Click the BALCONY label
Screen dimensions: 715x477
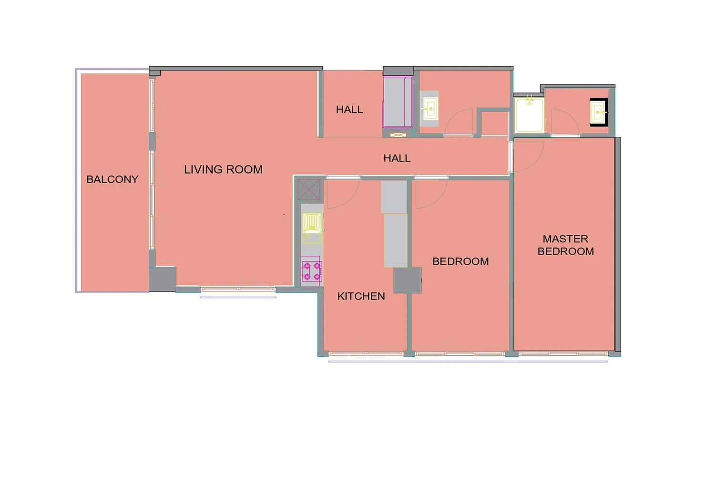coord(112,179)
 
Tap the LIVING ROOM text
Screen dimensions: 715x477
coord(223,169)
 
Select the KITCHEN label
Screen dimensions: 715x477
coord(361,296)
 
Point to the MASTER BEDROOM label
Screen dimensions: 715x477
coord(566,245)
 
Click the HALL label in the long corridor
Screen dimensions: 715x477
coord(397,158)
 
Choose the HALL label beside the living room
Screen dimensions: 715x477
coord(349,110)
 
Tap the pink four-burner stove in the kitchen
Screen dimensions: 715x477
coord(312,271)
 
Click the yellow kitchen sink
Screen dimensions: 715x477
coord(312,228)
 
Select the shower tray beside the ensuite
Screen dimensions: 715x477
coord(529,115)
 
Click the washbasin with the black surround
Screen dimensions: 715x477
coord(599,112)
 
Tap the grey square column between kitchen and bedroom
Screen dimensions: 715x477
coord(407,280)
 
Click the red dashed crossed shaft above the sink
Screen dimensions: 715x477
coord(309,190)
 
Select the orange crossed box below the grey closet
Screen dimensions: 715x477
coord(398,135)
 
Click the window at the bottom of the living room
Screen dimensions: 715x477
coord(238,289)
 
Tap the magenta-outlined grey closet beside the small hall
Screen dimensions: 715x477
coord(398,102)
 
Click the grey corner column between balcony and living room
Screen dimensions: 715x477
coord(163,279)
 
